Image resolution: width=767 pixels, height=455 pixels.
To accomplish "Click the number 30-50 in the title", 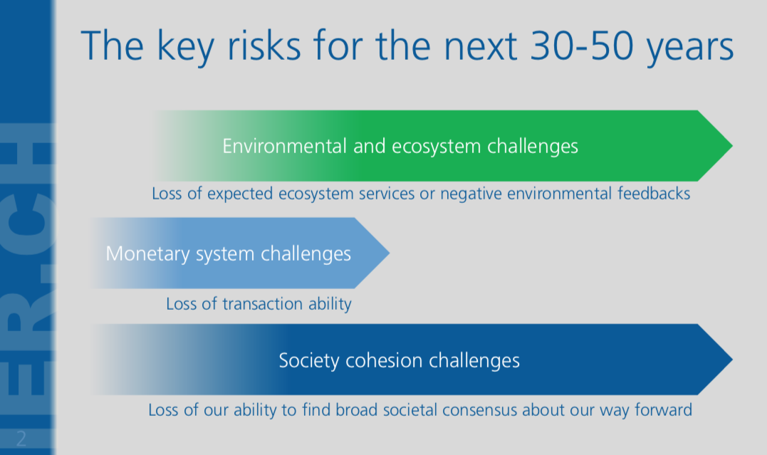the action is (x=583, y=46).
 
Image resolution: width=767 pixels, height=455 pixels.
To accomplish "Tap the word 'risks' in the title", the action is (x=264, y=45).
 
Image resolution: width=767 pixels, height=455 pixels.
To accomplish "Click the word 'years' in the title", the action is (x=690, y=49).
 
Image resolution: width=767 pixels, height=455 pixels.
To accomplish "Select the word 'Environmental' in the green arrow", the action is (x=284, y=146).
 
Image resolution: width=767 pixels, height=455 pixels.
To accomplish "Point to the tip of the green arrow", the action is (x=732, y=146).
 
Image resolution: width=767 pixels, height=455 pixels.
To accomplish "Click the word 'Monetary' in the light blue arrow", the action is (x=147, y=254).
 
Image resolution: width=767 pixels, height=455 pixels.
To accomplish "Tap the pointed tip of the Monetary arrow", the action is (x=390, y=253).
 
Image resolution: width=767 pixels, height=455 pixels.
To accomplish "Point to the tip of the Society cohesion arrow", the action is (x=732, y=360).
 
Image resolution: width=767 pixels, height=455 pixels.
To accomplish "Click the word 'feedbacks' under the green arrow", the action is (x=654, y=193).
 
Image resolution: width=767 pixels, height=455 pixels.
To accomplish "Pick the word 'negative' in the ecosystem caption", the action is (x=471, y=194).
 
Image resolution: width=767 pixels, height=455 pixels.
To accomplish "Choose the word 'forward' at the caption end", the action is (x=663, y=409).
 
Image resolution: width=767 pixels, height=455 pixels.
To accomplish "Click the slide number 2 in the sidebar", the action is (x=21, y=439).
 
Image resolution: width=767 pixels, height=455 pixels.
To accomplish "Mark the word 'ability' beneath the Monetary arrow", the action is (x=330, y=304).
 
